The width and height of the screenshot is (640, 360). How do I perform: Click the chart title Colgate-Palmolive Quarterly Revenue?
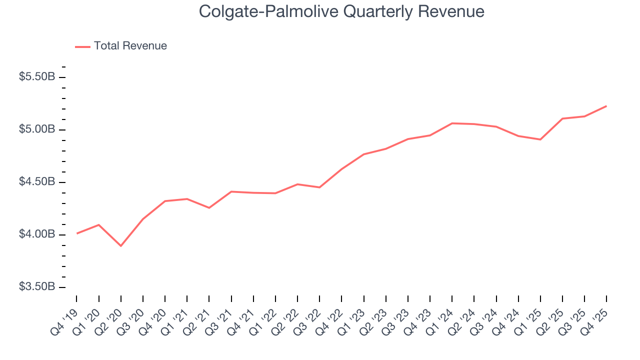coord(341,11)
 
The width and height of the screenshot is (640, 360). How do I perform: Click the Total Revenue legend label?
coord(130,46)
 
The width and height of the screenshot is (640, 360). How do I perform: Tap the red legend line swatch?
coord(82,46)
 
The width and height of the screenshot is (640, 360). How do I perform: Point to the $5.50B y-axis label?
coord(36,77)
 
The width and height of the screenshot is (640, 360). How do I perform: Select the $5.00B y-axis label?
coord(36,129)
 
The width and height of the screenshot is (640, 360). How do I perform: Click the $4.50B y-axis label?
coord(36,182)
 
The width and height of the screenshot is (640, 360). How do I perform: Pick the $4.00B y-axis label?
coord(36,234)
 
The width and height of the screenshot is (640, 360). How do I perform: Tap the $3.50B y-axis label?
coord(36,287)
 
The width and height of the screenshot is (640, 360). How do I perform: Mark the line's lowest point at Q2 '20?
coord(120,246)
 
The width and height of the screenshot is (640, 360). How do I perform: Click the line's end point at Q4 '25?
coord(606,106)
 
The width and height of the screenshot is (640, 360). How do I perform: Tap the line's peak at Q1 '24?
coord(452,123)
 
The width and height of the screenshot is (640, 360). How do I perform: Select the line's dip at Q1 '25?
coord(540,139)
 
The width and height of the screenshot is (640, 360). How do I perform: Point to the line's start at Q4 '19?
coord(76,233)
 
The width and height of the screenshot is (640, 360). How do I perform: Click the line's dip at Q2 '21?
coord(209,208)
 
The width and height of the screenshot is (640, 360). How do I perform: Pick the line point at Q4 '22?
coord(341,169)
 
